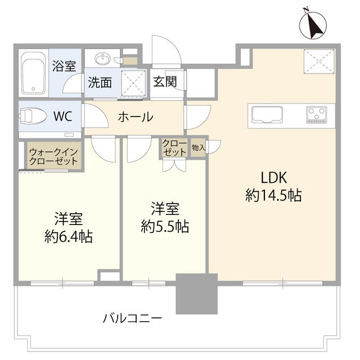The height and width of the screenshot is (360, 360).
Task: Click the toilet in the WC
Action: pos(34,117)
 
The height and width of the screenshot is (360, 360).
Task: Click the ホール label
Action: pos(135,117)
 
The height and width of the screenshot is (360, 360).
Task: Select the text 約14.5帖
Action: pos(273,196)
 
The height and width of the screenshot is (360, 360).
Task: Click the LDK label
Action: pos(273,178)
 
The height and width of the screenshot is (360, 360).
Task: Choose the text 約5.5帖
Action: pos(165,227)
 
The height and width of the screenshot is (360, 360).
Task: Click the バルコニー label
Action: pos(133,318)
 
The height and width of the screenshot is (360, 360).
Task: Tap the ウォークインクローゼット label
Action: pos(55,156)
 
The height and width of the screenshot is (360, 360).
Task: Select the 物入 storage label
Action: pos(198,148)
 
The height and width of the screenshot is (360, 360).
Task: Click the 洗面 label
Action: pos(100,82)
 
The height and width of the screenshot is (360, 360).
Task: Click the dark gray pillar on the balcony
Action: pos(196,294)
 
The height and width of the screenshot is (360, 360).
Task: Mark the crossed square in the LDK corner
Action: pos(319,61)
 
